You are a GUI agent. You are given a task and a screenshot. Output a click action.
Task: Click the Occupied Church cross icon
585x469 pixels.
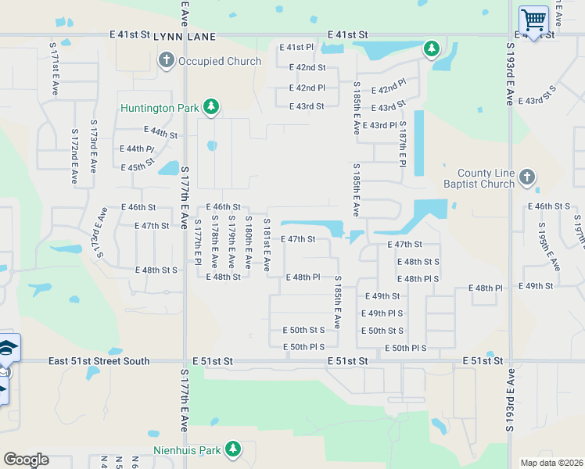point(166,61)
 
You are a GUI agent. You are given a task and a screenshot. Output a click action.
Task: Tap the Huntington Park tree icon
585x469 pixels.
point(210,107)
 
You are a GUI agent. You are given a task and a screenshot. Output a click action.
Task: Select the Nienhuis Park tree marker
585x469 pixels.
point(232,449)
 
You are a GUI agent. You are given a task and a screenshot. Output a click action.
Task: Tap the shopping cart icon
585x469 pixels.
point(533,19)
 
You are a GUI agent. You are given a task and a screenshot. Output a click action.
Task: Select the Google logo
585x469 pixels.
point(26,460)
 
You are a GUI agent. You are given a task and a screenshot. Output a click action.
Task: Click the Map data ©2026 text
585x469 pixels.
point(551,463)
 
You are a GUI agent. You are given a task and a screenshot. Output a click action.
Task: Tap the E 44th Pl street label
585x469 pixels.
point(137,149)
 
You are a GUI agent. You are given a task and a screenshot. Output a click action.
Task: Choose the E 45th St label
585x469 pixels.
point(138,167)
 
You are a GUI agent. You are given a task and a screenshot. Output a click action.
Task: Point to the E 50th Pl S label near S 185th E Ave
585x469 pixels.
point(303,346)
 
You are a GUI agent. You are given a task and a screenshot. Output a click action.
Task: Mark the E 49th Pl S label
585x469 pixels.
point(382,313)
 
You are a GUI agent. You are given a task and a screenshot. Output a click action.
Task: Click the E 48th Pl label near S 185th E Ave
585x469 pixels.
point(303,277)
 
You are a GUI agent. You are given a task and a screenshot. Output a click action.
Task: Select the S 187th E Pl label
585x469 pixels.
point(403,143)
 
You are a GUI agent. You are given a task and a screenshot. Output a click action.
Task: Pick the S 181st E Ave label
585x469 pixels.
point(267,245)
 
